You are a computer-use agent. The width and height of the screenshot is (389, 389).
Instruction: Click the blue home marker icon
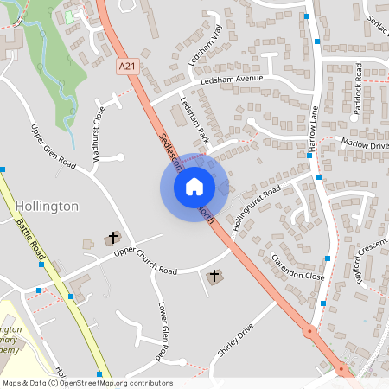[x=194, y=186]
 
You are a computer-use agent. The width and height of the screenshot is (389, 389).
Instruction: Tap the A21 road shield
[x=127, y=65]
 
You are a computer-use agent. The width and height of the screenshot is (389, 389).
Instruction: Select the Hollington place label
[x=48, y=207]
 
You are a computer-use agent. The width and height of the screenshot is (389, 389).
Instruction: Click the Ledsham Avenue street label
[x=231, y=79]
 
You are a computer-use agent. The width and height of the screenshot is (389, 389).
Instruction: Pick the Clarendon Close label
[x=297, y=268]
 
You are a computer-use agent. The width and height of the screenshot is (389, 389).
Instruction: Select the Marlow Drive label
[x=366, y=144]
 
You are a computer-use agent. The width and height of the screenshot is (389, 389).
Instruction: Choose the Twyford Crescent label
[x=367, y=263]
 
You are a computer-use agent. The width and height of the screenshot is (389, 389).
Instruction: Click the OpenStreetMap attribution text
[x=87, y=383]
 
